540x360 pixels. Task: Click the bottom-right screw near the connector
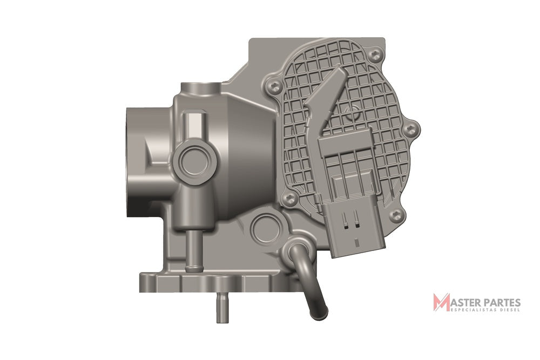point(395,215)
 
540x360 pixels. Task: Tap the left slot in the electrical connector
point(345,220)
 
